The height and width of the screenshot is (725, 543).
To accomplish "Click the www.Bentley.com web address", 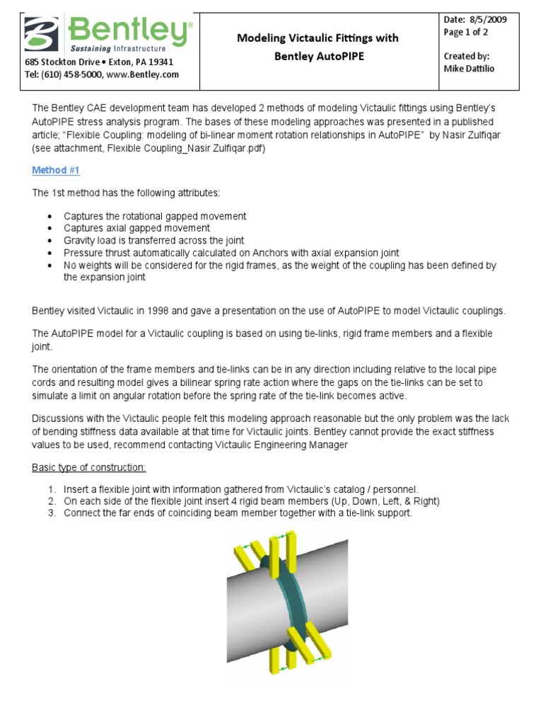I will (149, 74).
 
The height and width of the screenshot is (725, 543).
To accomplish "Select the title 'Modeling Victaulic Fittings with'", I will (317, 38).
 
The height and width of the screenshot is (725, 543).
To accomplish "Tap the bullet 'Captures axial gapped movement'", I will (136, 228).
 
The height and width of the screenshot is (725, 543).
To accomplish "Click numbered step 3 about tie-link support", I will (237, 513).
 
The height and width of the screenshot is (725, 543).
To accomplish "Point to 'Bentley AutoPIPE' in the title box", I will (319, 56).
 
